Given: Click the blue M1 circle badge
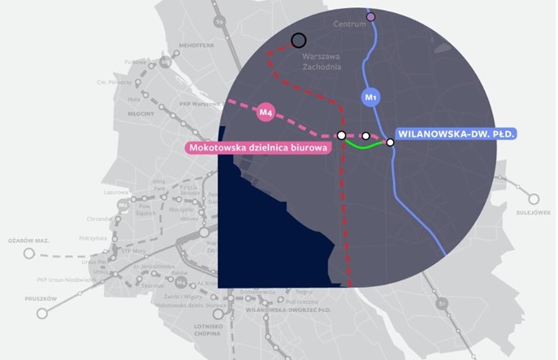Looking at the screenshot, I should pyautogui.click(x=370, y=98).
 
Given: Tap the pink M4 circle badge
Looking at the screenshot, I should pyautogui.click(x=265, y=113).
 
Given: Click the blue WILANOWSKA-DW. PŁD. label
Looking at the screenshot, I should pyautogui.click(x=456, y=133).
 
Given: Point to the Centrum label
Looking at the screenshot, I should pyautogui.click(x=351, y=24).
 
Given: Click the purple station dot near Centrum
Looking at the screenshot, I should pyautogui.click(x=371, y=16).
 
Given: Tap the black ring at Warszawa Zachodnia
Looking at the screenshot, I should pyautogui.click(x=298, y=40).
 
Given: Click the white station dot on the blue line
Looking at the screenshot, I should pyautogui.click(x=391, y=142).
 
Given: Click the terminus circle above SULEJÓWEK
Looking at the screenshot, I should pyautogui.click(x=534, y=198).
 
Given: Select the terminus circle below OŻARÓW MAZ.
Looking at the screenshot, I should pyautogui.click(x=29, y=254).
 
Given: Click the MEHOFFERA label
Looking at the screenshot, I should pyautogui.click(x=197, y=46).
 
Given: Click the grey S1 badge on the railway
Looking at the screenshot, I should pyautogui.click(x=442, y=303).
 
